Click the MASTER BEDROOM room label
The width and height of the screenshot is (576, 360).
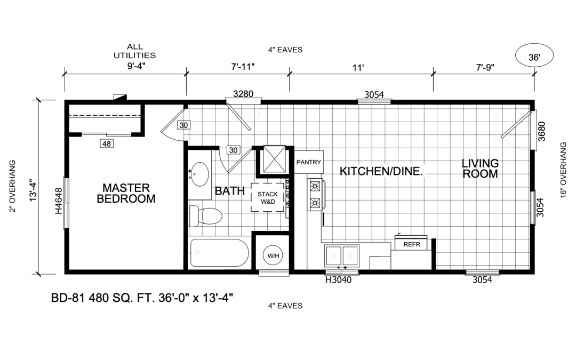point(126,193)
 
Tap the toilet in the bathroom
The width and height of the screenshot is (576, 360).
point(205,215)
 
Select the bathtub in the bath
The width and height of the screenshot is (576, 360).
point(219,253)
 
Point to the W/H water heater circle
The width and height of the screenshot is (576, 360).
point(273,255)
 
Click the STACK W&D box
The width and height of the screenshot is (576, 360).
point(268,198)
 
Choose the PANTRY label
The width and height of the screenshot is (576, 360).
point(309,162)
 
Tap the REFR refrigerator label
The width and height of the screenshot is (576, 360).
point(412,244)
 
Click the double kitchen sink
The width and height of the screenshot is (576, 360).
point(342,255)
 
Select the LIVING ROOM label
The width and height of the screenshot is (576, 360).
point(480,168)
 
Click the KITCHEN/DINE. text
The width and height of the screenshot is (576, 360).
point(381,171)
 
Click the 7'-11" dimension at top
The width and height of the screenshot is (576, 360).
point(243,67)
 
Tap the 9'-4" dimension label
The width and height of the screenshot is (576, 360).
point(137,66)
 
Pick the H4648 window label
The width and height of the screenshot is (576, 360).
point(59,201)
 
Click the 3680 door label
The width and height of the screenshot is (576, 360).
point(541,131)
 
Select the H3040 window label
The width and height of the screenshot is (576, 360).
point(338,280)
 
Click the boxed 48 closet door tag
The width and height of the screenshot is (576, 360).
point(107,143)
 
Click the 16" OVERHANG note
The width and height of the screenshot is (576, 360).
point(564,170)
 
